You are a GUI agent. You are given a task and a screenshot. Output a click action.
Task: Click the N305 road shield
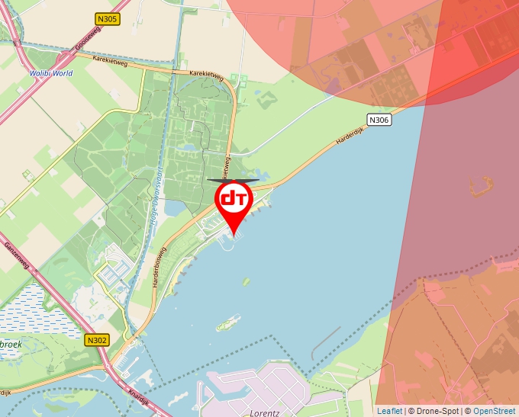[x=108, y=19]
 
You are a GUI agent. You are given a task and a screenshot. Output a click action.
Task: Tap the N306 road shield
[x=379, y=120]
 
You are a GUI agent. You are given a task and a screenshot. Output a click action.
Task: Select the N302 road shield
[x=97, y=340]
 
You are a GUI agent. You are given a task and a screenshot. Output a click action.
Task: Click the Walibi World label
[x=51, y=73]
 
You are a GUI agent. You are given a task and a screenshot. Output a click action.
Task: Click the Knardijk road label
[x=140, y=398]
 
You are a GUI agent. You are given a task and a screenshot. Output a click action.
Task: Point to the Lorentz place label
[x=265, y=412]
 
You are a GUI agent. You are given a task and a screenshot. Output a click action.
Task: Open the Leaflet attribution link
[x=389, y=411]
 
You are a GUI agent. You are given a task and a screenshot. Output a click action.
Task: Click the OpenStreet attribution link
[x=494, y=411]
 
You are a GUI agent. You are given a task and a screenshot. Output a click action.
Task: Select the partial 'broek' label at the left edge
[x=11, y=344]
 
